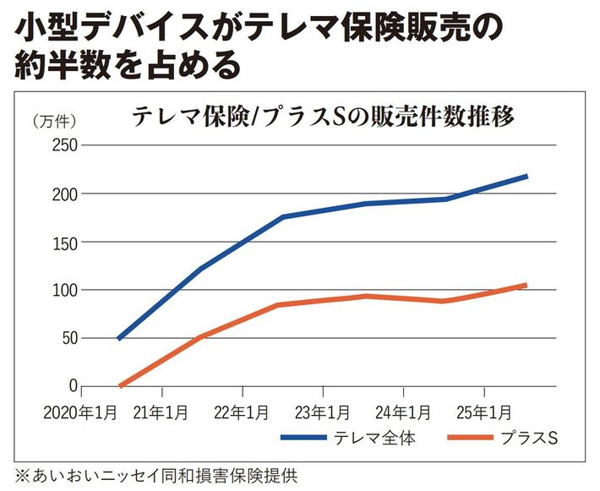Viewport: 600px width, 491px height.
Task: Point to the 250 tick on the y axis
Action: [66, 146]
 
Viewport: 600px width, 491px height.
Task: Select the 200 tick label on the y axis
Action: [66, 194]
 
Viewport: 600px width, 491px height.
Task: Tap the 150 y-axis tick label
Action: [66, 243]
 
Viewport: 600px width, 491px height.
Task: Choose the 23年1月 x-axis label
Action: [322, 413]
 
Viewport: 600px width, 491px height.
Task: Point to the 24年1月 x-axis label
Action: [403, 413]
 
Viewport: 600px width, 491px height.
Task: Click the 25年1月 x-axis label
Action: [483, 413]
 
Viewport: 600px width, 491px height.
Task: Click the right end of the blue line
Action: [526, 176]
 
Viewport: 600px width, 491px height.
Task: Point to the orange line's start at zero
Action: [120, 386]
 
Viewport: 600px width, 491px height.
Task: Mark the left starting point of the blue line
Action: [119, 338]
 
